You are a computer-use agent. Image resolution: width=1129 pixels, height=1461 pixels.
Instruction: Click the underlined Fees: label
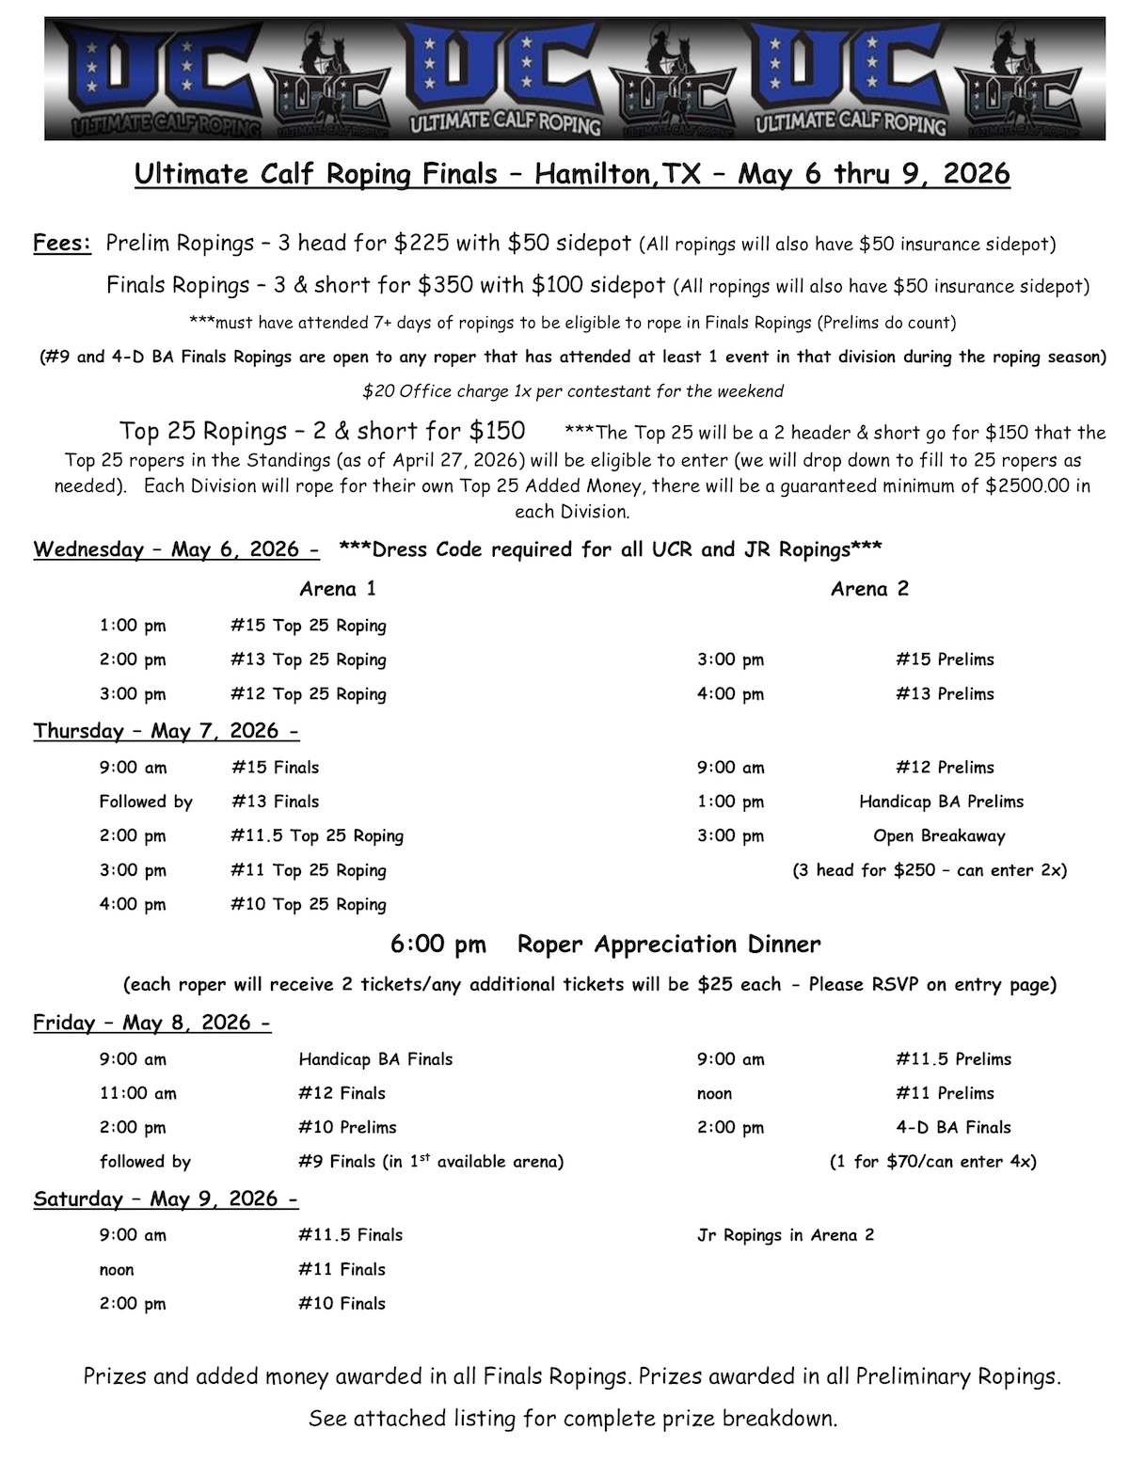pyautogui.click(x=62, y=243)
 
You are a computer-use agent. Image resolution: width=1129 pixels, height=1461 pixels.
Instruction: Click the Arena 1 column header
pyautogui.click(x=338, y=589)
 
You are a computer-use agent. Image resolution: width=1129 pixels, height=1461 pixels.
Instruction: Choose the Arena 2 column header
pyautogui.click(x=869, y=589)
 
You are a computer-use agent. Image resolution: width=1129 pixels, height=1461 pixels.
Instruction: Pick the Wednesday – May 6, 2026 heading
pyautogui.click(x=176, y=549)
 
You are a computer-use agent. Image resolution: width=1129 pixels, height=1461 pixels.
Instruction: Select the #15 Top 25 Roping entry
pyautogui.click(x=309, y=626)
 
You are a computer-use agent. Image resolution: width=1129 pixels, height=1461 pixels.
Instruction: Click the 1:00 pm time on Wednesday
pyautogui.click(x=133, y=626)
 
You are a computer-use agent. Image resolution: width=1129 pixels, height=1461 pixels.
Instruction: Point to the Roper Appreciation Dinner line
pyautogui.click(x=668, y=944)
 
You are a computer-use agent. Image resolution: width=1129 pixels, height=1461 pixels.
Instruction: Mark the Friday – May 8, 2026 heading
pyautogui.click(x=151, y=1023)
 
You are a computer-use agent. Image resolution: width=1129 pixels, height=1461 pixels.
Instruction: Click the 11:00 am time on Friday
pyautogui.click(x=137, y=1093)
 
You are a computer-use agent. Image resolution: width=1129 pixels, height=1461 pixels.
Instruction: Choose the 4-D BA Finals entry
pyautogui.click(x=953, y=1127)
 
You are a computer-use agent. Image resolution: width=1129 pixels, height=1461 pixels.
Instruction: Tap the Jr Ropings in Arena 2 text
pyautogui.click(x=786, y=1234)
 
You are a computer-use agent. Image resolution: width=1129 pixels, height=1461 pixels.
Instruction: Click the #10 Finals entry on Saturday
pyautogui.click(x=342, y=1303)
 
